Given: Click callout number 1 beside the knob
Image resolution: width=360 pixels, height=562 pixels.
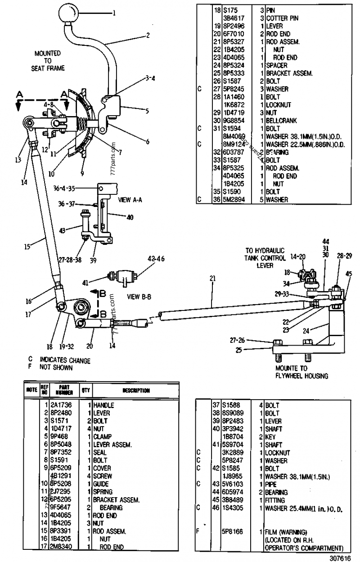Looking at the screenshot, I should coord(114,13).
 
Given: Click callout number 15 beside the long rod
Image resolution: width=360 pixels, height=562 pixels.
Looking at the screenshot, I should coord(27,247).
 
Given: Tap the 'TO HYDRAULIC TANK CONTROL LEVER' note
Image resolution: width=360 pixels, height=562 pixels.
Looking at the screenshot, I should coord(265,258).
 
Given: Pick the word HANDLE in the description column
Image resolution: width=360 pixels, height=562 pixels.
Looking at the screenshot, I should coord(104,405).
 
